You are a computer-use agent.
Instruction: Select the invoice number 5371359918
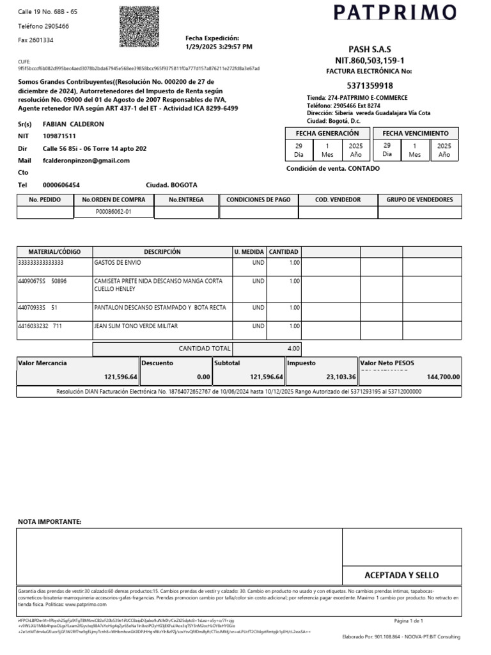(370, 86)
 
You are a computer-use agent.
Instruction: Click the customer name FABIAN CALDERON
(73, 123)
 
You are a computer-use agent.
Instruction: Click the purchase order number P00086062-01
(114, 212)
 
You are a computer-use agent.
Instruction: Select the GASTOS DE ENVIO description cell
(118, 263)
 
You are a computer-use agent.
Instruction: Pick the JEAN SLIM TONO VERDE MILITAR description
(136, 326)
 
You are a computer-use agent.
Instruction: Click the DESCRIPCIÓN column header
(162, 252)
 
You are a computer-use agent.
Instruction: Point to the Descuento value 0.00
(204, 377)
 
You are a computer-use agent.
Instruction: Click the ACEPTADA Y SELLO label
(401, 575)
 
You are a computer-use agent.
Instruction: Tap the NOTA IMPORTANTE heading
(49, 522)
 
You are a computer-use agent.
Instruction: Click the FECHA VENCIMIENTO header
(416, 133)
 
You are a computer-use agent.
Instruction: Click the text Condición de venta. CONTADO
(333, 168)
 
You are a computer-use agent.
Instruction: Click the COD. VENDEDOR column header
(338, 200)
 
